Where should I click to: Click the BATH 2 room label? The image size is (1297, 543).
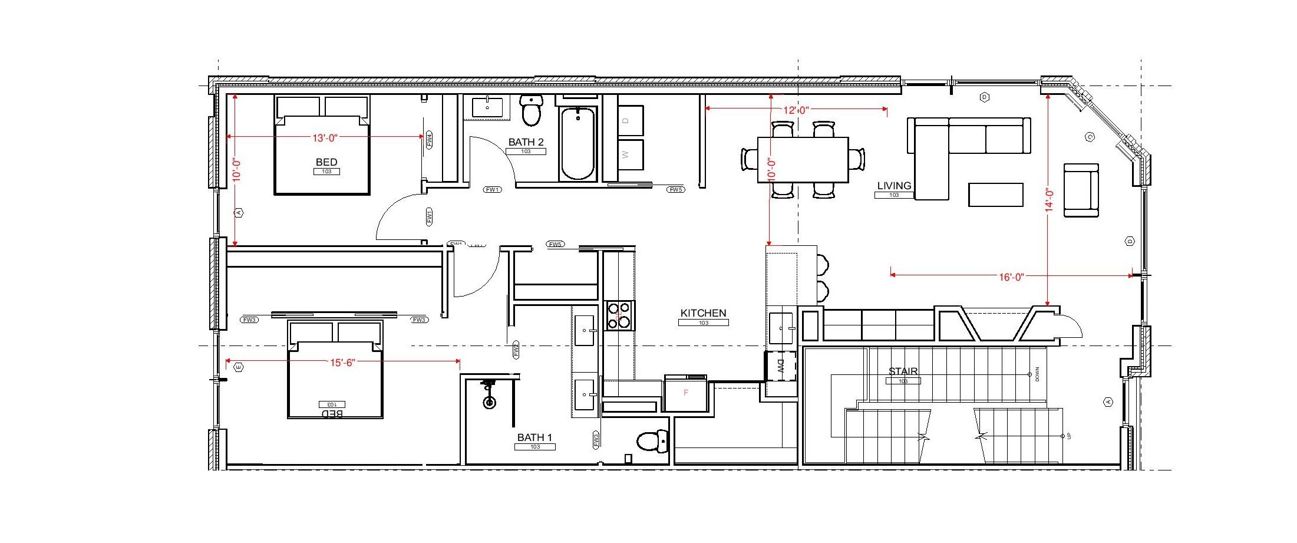click(526, 142)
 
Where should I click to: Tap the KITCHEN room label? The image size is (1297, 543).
click(703, 313)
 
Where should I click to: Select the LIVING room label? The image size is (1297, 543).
click(894, 186)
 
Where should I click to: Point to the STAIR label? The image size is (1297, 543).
click(903, 371)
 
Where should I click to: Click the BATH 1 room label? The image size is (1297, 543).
click(534, 437)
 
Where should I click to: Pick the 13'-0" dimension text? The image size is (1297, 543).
click(324, 138)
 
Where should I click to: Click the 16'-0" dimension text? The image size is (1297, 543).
click(1011, 276)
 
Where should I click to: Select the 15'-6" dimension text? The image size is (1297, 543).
click(342, 363)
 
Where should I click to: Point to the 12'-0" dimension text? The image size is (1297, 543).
click(796, 110)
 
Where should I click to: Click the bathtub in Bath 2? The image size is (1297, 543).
click(577, 143)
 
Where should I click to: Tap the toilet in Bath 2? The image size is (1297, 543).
click(532, 110)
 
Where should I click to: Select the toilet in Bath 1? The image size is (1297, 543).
click(652, 440)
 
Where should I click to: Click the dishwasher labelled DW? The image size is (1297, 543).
click(781, 367)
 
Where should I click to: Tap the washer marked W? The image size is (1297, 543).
click(626, 154)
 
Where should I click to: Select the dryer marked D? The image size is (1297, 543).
click(626, 120)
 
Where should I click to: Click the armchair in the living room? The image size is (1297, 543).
click(1081, 190)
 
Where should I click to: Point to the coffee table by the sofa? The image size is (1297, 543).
click(995, 195)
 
